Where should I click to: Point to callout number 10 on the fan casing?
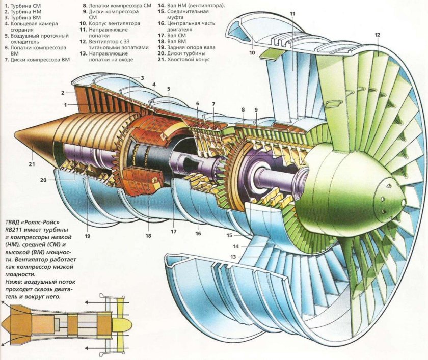252,52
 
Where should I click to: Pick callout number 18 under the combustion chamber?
149,236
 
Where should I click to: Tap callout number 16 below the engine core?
198,234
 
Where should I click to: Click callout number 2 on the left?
62,93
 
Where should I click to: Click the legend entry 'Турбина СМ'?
25,5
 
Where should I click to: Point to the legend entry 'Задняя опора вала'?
191,47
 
